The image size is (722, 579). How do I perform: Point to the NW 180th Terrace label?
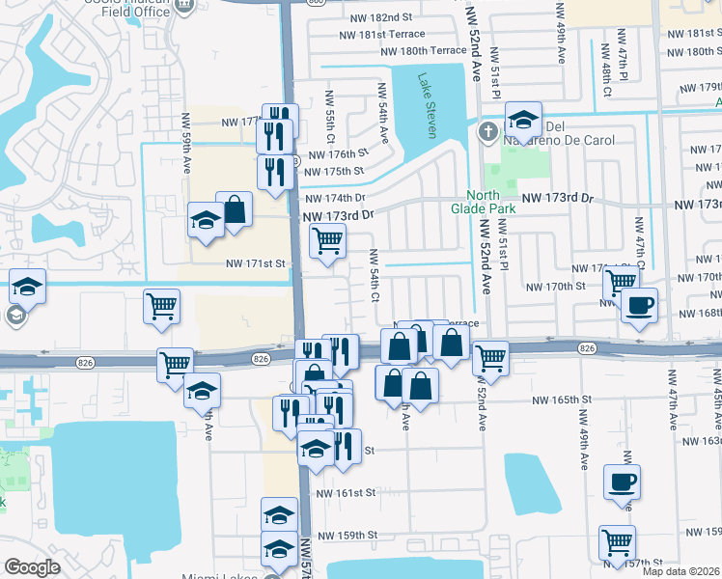424,51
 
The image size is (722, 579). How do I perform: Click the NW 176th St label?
337,153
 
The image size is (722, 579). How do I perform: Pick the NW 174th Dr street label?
333,199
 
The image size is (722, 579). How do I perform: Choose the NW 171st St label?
257,263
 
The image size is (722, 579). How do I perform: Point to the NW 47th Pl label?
625,61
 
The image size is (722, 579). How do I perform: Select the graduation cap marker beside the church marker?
522,120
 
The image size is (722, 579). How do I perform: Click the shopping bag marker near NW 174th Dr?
234,207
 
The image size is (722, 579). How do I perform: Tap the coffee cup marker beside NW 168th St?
638,306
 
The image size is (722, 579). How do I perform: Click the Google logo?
32,567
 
